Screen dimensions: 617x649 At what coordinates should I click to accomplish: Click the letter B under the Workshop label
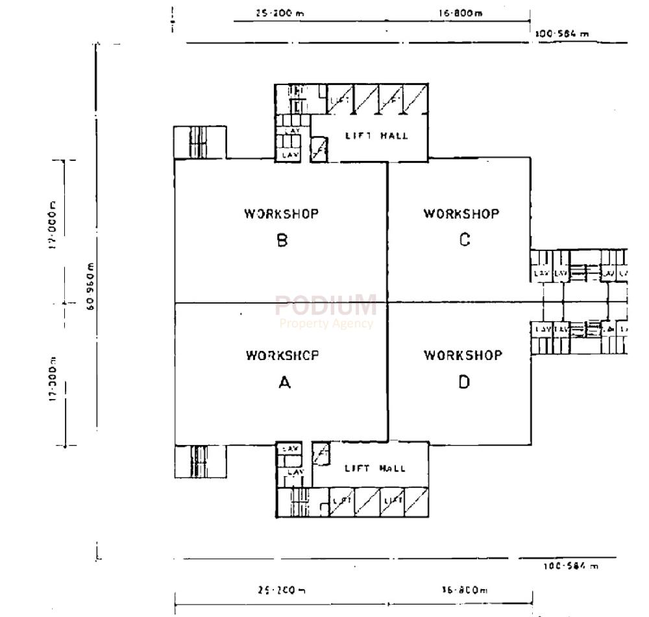tap(282, 241)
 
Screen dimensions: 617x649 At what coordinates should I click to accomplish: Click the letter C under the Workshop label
tap(464, 240)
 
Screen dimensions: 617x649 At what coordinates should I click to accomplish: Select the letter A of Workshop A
tap(284, 383)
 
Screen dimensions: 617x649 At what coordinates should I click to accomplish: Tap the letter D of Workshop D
tap(463, 382)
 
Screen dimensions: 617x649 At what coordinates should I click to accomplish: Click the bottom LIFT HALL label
tap(375, 468)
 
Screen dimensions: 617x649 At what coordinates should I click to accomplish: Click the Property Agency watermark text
tap(326, 323)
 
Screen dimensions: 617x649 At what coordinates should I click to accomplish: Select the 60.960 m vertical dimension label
tap(90, 285)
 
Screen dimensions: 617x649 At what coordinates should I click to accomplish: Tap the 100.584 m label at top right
tap(562, 34)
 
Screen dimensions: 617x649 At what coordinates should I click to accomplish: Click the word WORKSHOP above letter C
tap(461, 213)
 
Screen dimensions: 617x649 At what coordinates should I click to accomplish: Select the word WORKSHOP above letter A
tap(282, 356)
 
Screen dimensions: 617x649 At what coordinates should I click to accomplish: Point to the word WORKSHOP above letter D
tap(463, 355)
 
